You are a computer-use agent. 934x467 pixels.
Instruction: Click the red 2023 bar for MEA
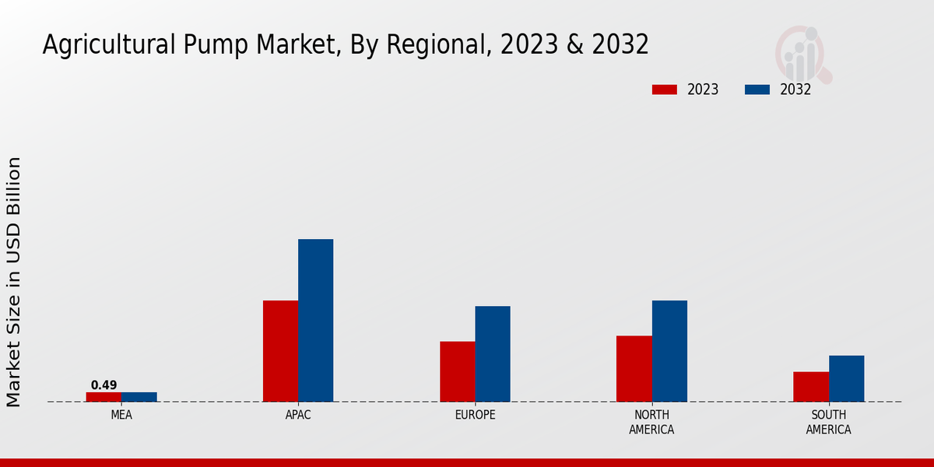pyautogui.click(x=104, y=397)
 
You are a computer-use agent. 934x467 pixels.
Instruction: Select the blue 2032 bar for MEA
pyautogui.click(x=139, y=397)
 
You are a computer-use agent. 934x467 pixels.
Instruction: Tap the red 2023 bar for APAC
pyautogui.click(x=280, y=351)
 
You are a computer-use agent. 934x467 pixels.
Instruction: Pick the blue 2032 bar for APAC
pyautogui.click(x=315, y=321)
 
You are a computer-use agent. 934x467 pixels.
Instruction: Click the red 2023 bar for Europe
pyautogui.click(x=457, y=371)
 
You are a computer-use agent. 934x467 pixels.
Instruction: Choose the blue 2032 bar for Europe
pyautogui.click(x=493, y=354)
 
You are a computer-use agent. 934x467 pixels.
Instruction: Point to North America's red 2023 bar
pyautogui.click(x=634, y=369)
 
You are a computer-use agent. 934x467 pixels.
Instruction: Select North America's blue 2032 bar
pyautogui.click(x=669, y=351)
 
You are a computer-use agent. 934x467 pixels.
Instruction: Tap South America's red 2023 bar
pyautogui.click(x=811, y=387)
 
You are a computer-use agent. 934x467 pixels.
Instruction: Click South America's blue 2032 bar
pyautogui.click(x=846, y=378)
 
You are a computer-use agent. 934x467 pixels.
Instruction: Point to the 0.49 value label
pyautogui.click(x=104, y=385)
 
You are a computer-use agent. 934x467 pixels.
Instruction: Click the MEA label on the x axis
pyautogui.click(x=121, y=415)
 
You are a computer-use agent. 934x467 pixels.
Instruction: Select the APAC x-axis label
pyautogui.click(x=298, y=415)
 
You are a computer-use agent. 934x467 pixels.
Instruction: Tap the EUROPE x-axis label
pyautogui.click(x=475, y=415)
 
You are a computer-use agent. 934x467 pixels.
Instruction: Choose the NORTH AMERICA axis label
pyautogui.click(x=651, y=422)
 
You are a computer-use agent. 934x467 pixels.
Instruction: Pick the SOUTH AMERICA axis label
pyautogui.click(x=828, y=422)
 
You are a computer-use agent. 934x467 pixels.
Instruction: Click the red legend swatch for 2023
pyautogui.click(x=665, y=90)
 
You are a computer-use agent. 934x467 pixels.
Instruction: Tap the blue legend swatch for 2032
pyautogui.click(x=757, y=90)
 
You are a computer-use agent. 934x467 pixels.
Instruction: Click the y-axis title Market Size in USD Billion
pyautogui.click(x=14, y=282)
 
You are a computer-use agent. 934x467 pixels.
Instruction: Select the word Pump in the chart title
pyautogui.click(x=208, y=45)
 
